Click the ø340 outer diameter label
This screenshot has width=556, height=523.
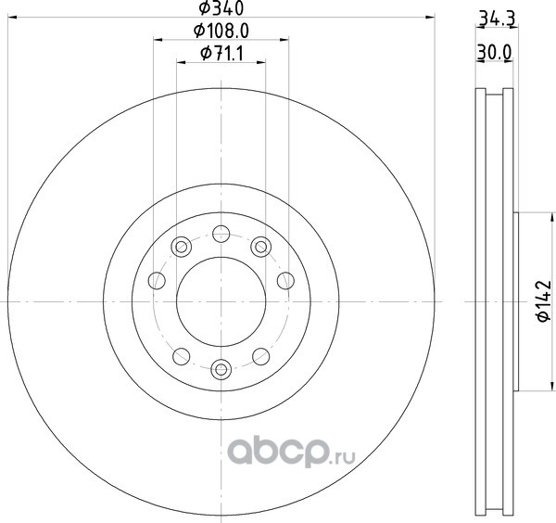coord(221,8)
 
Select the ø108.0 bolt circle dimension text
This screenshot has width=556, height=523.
coord(221,32)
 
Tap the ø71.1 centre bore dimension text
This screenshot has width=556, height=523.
coord(221,54)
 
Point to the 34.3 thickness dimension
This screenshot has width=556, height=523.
coord(497,19)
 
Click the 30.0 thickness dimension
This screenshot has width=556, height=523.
coord(494,53)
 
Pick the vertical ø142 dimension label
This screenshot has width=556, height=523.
coord(544,301)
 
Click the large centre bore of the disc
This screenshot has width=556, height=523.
coord(221,301)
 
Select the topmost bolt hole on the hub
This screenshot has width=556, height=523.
coord(221,234)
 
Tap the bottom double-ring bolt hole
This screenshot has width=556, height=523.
coord(221,369)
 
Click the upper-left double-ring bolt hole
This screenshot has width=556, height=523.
coord(182,247)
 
